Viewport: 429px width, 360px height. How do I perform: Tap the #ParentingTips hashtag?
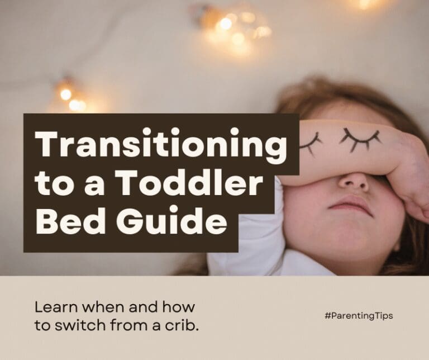click(358, 316)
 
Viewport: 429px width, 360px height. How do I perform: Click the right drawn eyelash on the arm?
click(360, 138)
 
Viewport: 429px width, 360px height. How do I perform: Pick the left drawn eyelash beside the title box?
click(310, 143)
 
